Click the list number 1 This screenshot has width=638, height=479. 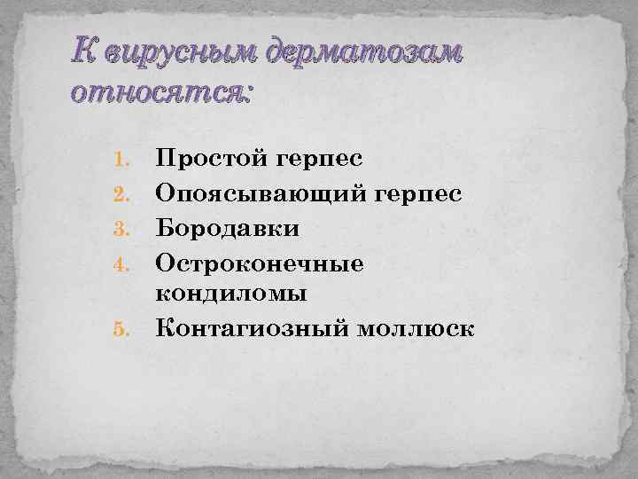[123, 161]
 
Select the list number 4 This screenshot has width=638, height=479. [123, 262]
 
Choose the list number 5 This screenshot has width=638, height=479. [123, 330]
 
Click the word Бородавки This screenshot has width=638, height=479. [228, 228]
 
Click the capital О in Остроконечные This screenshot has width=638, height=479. [165, 262]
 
